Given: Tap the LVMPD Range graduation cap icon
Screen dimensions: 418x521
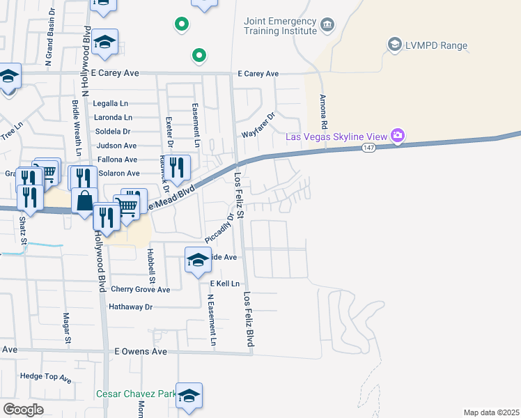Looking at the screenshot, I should [395, 45].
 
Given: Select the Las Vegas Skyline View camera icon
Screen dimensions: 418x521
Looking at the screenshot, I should [398, 134].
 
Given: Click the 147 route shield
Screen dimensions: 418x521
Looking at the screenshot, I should [369, 148].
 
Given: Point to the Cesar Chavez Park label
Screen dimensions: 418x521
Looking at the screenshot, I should [137, 394].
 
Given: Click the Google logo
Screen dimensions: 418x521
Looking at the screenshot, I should [23, 410].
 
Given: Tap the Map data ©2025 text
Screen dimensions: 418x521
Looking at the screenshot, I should [491, 412].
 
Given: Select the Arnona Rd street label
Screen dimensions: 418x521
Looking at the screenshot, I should [323, 114].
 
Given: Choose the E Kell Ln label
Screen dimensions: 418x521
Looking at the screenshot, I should [224, 284].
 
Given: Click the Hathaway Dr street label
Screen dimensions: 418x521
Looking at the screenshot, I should [130, 307].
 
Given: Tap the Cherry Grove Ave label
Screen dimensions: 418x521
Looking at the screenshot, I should [140, 290].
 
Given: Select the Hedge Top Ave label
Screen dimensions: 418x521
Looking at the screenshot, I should [46, 377].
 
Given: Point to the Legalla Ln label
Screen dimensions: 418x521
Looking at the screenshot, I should [111, 104].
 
